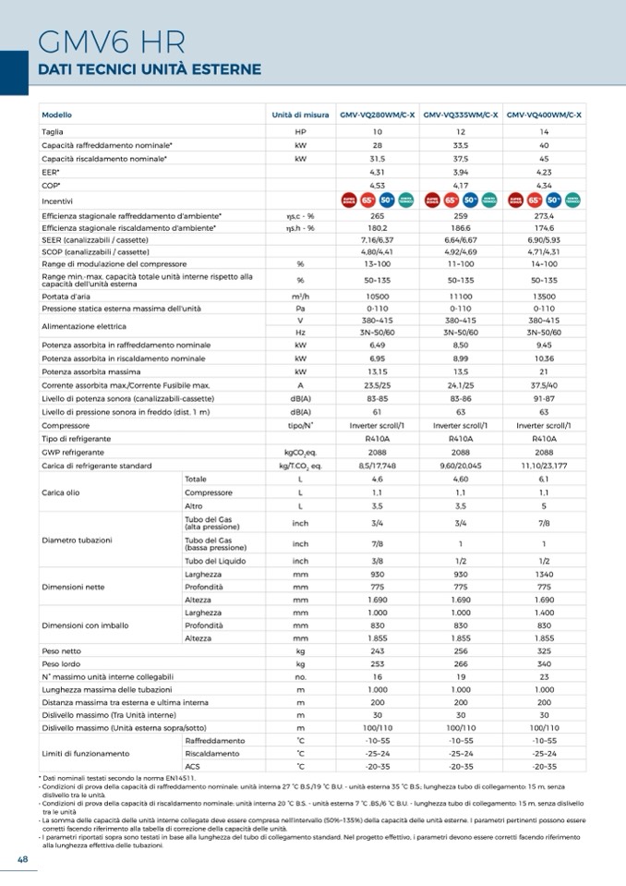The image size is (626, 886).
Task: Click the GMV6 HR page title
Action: pyautogui.click(x=112, y=42)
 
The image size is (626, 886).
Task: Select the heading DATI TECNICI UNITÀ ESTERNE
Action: pyautogui.click(x=149, y=70)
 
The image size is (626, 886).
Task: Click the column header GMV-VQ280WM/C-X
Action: pyautogui.click(x=377, y=115)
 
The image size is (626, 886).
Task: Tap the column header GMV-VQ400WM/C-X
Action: pyautogui.click(x=544, y=115)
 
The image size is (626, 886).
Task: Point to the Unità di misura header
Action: pyautogui.click(x=300, y=115)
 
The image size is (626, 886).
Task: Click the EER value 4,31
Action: pyautogui.click(x=377, y=172)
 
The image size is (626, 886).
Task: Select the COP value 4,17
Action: pyautogui.click(x=460, y=185)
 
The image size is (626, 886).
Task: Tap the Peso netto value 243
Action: pyautogui.click(x=377, y=650)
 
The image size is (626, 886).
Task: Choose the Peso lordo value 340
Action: pyautogui.click(x=544, y=663)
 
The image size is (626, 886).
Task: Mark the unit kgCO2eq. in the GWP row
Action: pyautogui.click(x=300, y=453)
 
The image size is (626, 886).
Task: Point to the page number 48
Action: pyautogui.click(x=23, y=859)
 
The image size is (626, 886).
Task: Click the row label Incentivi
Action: pyautogui.click(x=57, y=200)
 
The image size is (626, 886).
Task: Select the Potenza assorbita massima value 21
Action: pyautogui.click(x=544, y=371)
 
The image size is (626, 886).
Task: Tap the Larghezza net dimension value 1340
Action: pyautogui.click(x=544, y=574)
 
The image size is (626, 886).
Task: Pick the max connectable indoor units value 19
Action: pyautogui.click(x=460, y=676)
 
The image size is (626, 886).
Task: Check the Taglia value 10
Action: pyautogui.click(x=377, y=132)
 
